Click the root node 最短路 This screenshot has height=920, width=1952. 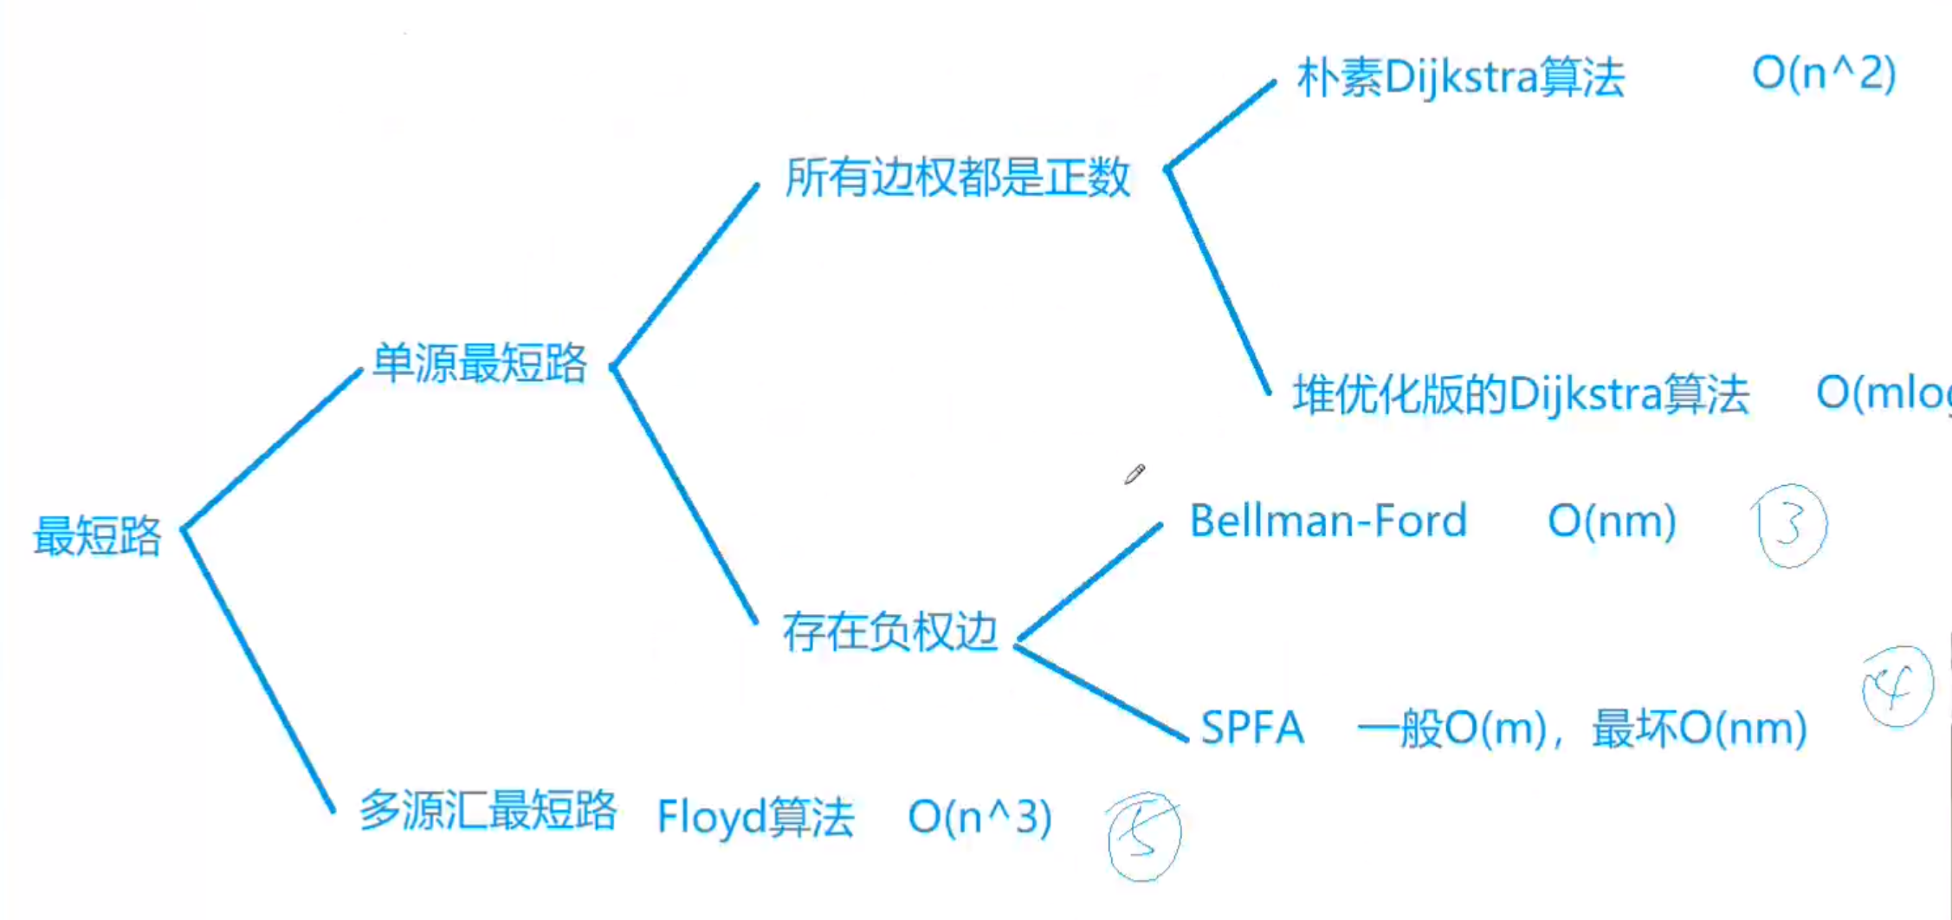point(97,535)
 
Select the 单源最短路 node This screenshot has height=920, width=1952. point(480,363)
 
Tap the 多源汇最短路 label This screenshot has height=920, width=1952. point(488,812)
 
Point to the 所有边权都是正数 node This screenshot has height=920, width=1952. point(957,178)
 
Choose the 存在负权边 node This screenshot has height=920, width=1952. point(889,632)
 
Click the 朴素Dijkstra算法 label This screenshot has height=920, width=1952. point(1460,78)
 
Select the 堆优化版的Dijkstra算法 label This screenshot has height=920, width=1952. point(1521,395)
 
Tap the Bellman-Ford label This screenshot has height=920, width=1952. point(1328,522)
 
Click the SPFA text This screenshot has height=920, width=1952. point(1252,728)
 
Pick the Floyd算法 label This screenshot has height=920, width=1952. point(755,817)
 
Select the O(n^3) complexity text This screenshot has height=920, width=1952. point(979,817)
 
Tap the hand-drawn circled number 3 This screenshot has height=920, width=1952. point(1790,525)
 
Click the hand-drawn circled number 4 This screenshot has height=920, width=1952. point(1897,687)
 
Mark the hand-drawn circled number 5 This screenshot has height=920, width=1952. point(1144,837)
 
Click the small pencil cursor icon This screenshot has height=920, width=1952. point(1134,474)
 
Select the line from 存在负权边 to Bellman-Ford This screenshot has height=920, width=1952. point(1089,583)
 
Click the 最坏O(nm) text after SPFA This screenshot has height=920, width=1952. point(1699,729)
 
